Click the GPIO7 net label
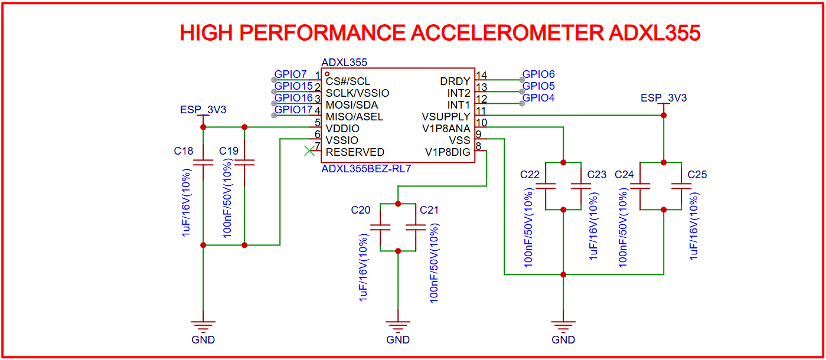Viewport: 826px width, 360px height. pos(290,75)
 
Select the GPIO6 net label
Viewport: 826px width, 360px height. pos(538,74)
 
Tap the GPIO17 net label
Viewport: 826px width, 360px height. pos(293,110)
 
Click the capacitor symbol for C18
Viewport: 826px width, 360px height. pos(203,162)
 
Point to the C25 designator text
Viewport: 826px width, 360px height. pos(697,175)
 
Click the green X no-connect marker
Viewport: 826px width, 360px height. pos(309,151)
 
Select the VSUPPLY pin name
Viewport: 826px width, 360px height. pos(446,116)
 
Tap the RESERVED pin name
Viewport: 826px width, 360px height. pos(355,152)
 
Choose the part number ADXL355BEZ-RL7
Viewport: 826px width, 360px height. pos(366,169)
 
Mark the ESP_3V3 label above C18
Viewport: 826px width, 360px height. pos(203,110)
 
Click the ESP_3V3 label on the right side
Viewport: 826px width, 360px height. pos(664,98)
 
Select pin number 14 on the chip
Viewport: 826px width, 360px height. pos(481,76)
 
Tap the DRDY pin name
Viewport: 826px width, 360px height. pos(455,81)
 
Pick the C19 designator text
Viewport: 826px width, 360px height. pos(228,151)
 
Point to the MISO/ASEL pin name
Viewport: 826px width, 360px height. pos(354,116)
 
